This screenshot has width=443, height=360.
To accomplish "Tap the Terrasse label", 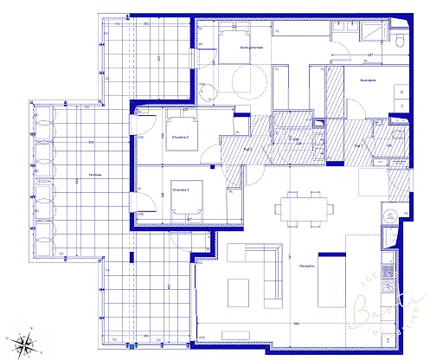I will pos(94,175).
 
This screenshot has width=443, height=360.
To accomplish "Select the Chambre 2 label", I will pos(180,137).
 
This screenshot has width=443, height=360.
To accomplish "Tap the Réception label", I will pos(306,266).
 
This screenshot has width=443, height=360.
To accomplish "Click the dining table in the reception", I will pos(303,209).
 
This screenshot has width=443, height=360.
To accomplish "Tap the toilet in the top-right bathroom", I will pos(399,41).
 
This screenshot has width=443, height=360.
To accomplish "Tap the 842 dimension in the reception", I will pos(296,324).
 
